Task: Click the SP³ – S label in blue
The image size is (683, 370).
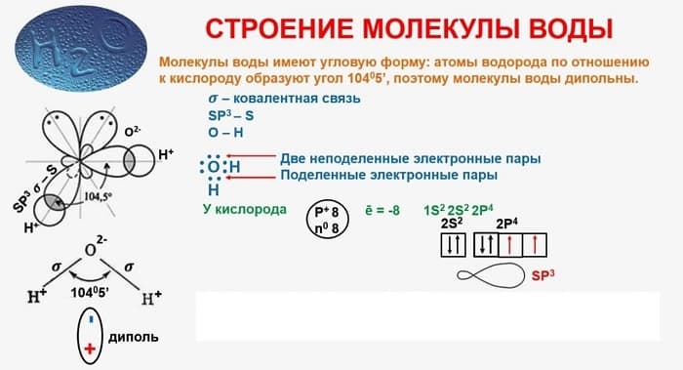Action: (x=225, y=114)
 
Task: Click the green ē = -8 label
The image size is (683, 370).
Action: (x=382, y=210)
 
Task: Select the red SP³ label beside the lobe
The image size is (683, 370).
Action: (x=542, y=276)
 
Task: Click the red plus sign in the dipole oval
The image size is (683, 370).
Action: (x=91, y=348)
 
